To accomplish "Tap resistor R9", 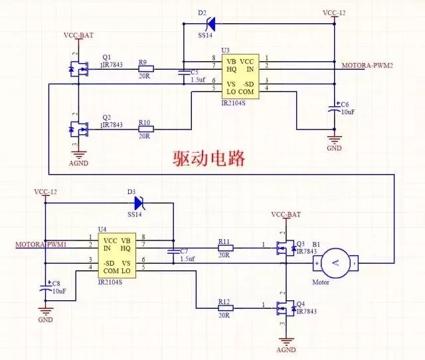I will pos(145,68).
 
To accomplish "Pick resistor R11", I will pos(225,249).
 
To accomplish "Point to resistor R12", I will pos(225,307).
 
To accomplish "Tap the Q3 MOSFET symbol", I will pos(287,249).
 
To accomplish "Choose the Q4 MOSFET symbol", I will pos(287,307).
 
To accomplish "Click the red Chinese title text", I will pos(209,159).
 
